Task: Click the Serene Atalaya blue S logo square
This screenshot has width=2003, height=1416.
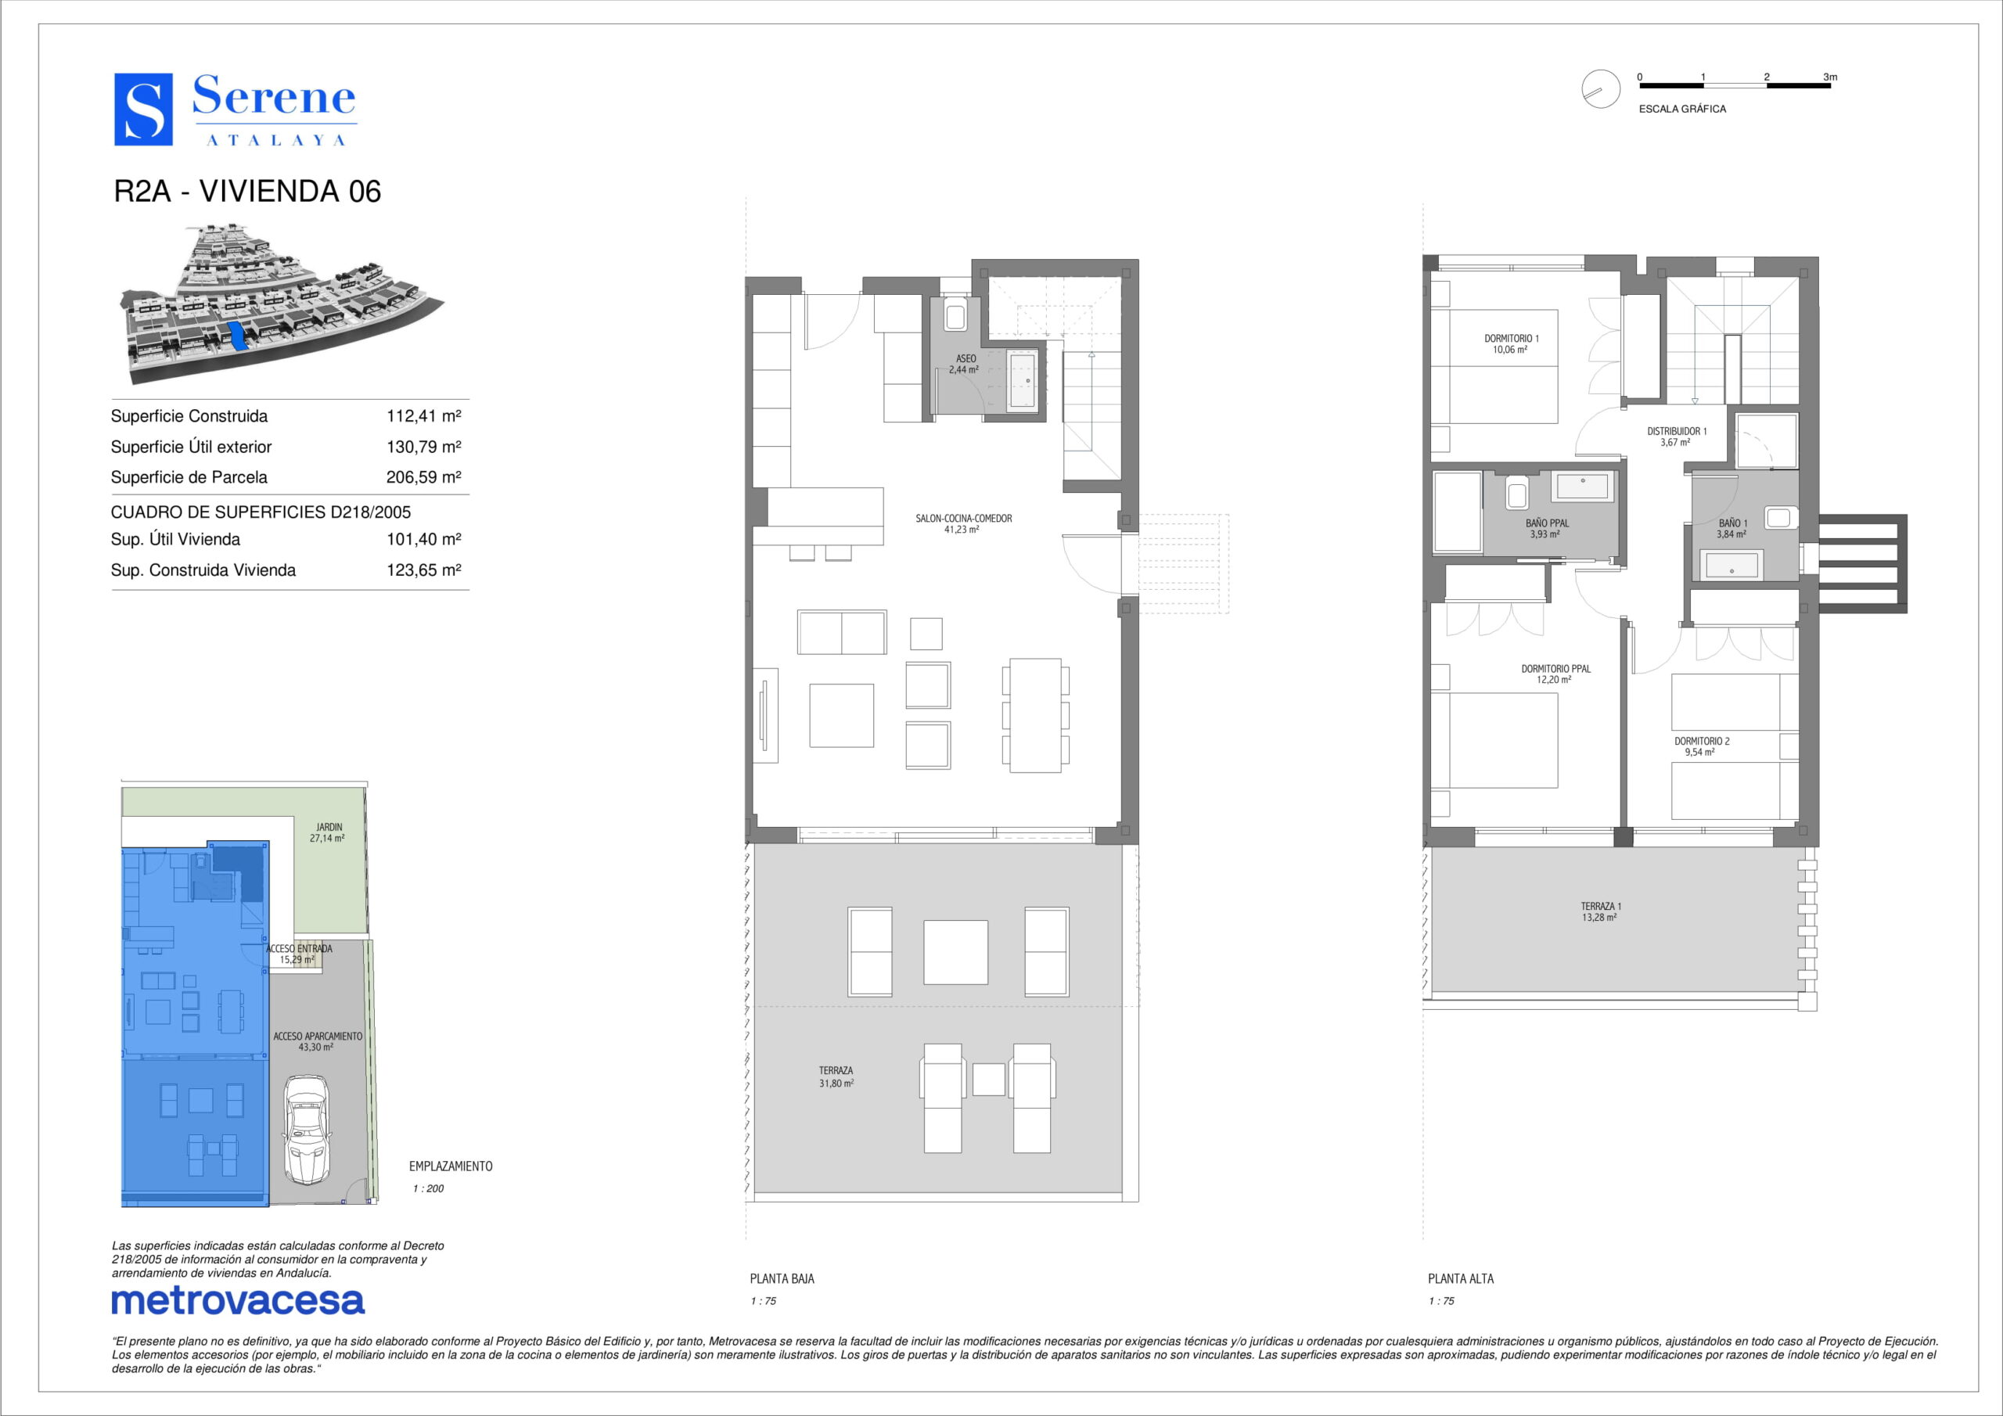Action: pyautogui.click(x=143, y=109)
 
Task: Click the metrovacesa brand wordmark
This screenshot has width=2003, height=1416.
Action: pyautogui.click(x=238, y=1301)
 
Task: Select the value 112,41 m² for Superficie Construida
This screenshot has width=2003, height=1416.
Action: pyautogui.click(x=424, y=416)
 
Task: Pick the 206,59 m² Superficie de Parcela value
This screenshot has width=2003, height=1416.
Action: pyautogui.click(x=424, y=477)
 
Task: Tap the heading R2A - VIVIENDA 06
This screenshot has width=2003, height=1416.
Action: pyautogui.click(x=248, y=191)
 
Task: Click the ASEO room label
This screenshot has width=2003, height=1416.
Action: pyautogui.click(x=966, y=358)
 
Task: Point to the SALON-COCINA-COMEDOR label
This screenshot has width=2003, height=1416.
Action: pyautogui.click(x=964, y=518)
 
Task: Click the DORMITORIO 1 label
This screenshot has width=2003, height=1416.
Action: pyautogui.click(x=1512, y=339)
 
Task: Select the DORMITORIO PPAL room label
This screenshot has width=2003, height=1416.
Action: pyautogui.click(x=1556, y=669)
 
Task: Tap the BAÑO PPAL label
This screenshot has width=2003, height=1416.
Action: pyautogui.click(x=1548, y=523)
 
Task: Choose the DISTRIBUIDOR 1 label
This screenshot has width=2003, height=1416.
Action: pyautogui.click(x=1677, y=431)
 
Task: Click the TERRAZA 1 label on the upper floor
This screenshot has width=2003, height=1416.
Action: pyautogui.click(x=1601, y=907)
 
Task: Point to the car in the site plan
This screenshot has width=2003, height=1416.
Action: pyautogui.click(x=306, y=1129)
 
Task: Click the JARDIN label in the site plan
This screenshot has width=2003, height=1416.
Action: pyautogui.click(x=329, y=827)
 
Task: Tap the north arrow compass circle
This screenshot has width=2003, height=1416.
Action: pyautogui.click(x=1601, y=89)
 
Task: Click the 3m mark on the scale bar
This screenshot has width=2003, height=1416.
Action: pyautogui.click(x=1830, y=77)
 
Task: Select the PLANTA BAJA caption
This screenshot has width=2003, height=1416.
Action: pyautogui.click(x=782, y=1279)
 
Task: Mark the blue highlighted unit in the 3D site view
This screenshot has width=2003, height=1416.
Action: pyautogui.click(x=235, y=335)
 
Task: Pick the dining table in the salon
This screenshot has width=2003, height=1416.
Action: pyautogui.click(x=1035, y=715)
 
